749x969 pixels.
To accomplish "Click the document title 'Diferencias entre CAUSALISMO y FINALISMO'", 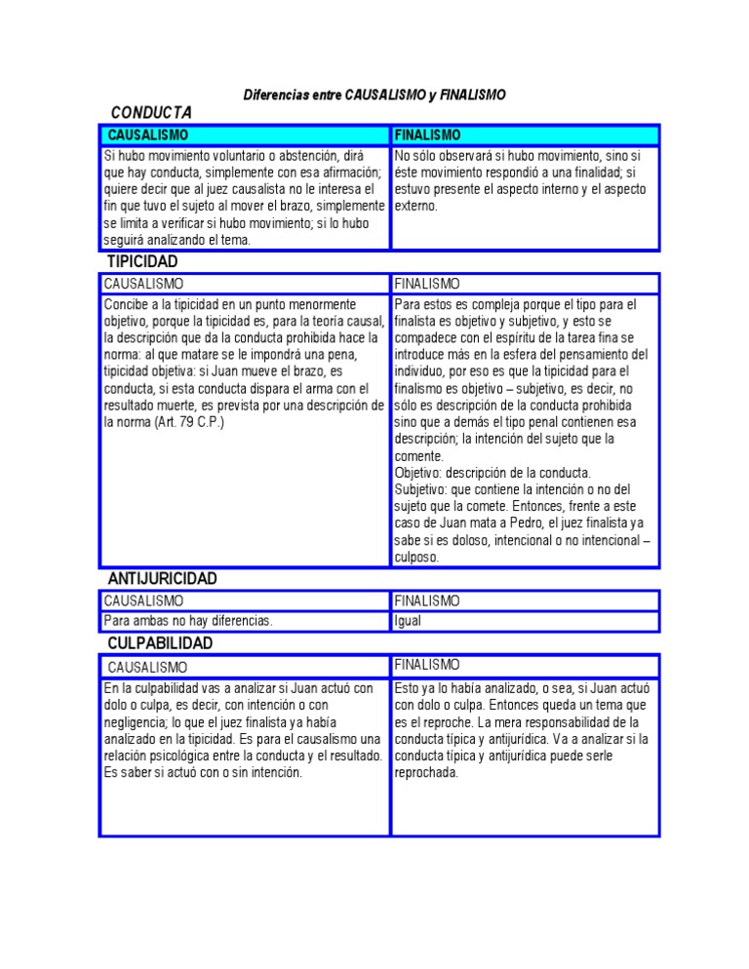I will pos(374,95).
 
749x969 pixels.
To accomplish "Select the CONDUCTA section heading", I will pos(151,112).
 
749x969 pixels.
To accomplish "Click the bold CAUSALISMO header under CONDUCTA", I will pos(147,135).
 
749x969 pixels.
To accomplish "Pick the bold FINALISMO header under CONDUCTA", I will pos(428,135).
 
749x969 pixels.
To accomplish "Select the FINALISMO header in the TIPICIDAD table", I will pos(427,284).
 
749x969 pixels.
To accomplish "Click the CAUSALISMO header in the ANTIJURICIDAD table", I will pos(143,601).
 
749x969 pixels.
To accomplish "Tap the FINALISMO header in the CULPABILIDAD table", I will pos(427,665).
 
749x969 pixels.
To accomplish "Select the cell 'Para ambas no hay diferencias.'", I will pos(188,621).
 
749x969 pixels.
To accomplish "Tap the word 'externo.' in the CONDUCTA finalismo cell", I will pos(416,206).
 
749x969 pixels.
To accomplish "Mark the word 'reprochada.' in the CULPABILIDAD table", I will pos(426,772).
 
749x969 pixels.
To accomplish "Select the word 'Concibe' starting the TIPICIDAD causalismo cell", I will pos(123,305).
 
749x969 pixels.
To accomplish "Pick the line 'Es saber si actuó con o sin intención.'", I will pos(203,772).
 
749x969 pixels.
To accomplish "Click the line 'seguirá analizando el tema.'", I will pos(177,240).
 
